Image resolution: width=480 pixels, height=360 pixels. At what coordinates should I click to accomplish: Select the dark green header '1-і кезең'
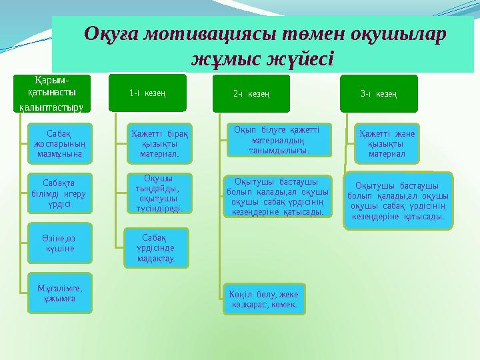(148, 93)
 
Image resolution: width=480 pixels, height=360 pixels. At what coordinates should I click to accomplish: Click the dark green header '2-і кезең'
(251, 94)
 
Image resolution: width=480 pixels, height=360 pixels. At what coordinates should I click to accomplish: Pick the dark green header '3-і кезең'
(379, 94)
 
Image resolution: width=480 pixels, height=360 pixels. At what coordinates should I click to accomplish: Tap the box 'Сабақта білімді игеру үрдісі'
(60, 193)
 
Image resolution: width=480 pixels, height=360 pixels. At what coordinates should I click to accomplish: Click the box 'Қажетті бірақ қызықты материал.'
(159, 143)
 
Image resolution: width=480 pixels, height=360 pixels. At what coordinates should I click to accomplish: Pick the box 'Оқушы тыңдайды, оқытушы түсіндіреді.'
(159, 193)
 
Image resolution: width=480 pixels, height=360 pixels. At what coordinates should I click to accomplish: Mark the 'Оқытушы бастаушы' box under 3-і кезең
(397, 201)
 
